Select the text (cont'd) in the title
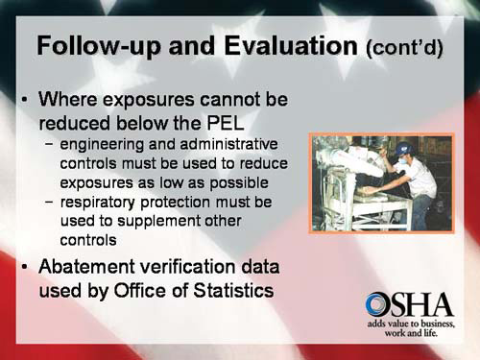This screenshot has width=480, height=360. pyautogui.click(x=404, y=47)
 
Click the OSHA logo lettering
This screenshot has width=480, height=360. pyautogui.click(x=409, y=306)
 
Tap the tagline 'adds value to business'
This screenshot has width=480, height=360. pyautogui.click(x=410, y=326)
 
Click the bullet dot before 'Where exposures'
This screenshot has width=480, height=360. pyautogui.click(x=24, y=100)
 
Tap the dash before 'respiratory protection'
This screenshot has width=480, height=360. pyautogui.click(x=49, y=203)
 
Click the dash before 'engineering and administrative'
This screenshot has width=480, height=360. pyautogui.click(x=49, y=145)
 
